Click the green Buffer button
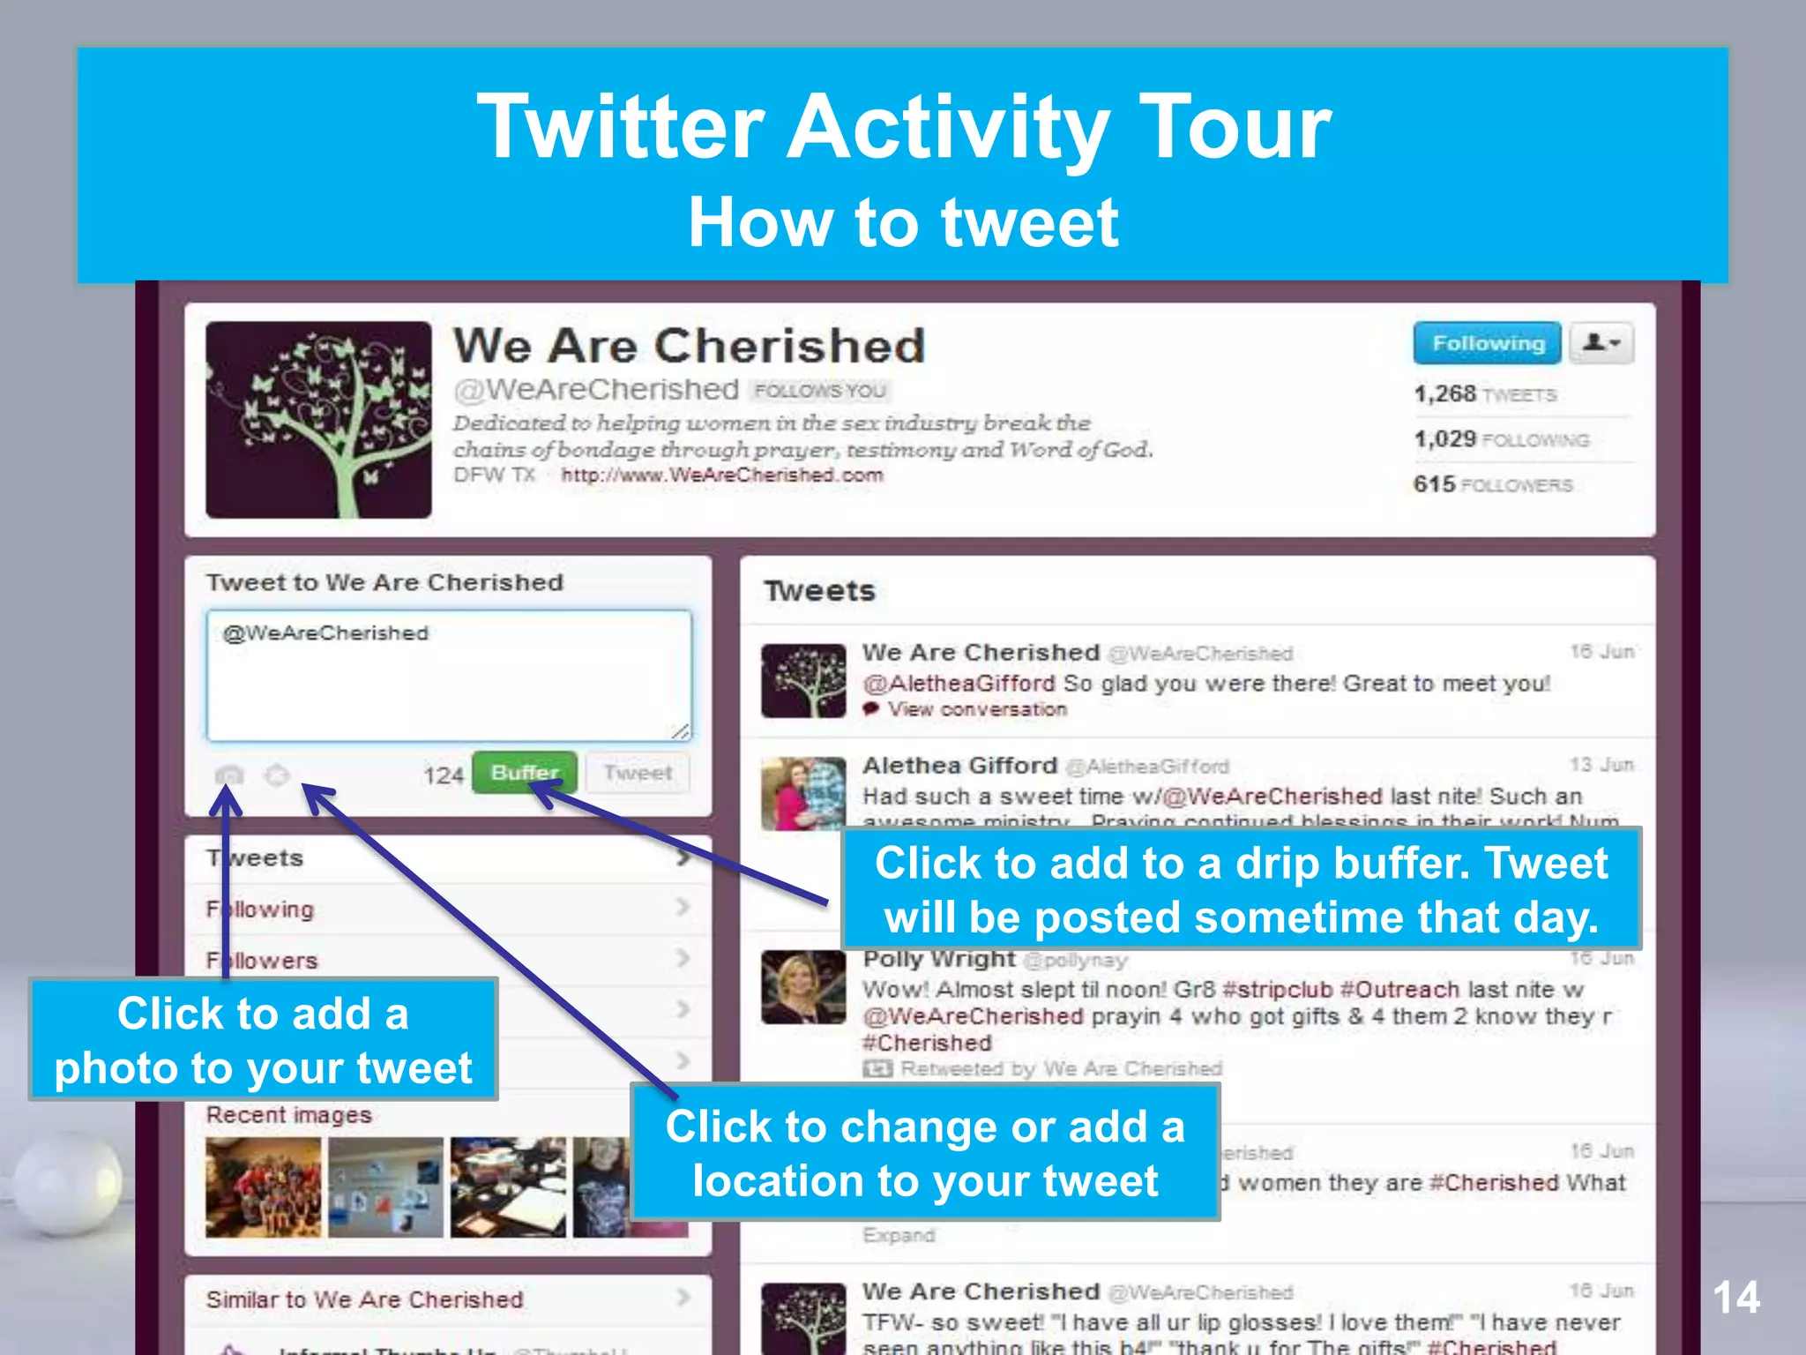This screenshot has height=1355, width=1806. point(525,773)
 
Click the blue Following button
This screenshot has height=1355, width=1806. point(1487,343)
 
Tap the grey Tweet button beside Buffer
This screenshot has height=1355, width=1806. point(638,774)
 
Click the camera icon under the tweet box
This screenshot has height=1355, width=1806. point(229,775)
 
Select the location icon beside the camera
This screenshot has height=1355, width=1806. point(277,775)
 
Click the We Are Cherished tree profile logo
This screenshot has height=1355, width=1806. point(318,420)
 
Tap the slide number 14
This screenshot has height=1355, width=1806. point(1735,1298)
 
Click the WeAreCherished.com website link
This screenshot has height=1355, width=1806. point(722,475)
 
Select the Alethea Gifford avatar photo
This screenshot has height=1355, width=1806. point(803,793)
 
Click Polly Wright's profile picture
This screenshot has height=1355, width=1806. point(803,987)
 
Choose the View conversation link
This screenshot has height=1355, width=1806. point(976,709)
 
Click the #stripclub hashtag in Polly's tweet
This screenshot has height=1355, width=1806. point(1277,990)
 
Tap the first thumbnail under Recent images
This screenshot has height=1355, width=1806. point(263,1187)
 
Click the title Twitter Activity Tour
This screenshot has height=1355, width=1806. point(903,128)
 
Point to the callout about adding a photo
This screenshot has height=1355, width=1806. point(263,1039)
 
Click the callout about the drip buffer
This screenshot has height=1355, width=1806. point(1241,889)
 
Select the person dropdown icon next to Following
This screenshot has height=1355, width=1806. point(1601,343)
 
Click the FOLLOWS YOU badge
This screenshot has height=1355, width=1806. point(820,391)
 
